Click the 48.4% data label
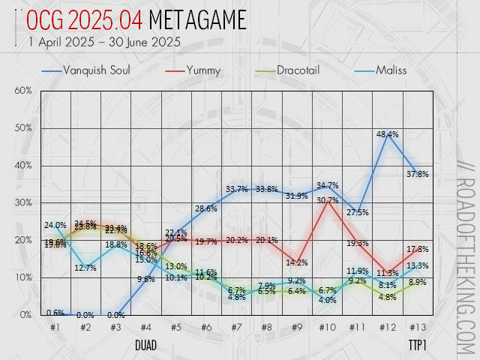point(387,134)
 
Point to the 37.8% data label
point(418,174)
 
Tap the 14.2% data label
point(297,262)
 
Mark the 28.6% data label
point(205,208)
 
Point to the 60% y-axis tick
point(22,91)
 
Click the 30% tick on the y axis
point(22,202)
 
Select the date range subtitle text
point(104,42)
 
